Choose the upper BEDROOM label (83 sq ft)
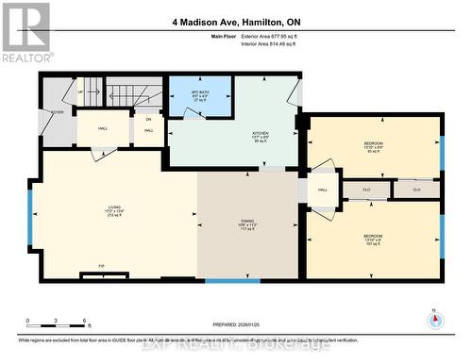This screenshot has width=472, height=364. pos(374,143)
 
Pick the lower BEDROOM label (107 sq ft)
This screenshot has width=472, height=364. pos(374,237)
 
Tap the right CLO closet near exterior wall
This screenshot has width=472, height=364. pos(415,190)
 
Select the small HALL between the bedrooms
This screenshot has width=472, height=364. pos(322,190)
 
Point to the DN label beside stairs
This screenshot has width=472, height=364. pos(148,119)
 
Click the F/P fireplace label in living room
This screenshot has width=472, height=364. pos(101,266)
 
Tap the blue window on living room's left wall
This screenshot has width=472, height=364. pos(29,216)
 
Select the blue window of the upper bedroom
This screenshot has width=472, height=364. pos(441,156)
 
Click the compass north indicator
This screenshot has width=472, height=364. pos(435,320)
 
